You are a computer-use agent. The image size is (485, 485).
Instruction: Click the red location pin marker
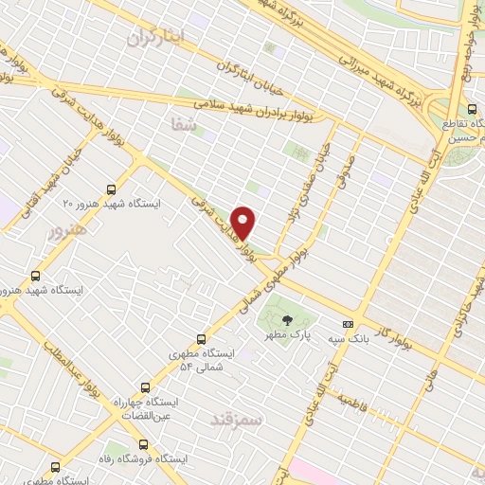(245, 223)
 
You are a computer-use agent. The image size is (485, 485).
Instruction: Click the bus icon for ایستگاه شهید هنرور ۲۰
(113, 189)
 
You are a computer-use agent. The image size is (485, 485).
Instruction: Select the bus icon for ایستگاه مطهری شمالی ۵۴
(201, 338)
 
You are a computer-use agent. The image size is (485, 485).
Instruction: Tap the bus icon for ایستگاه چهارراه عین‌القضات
(145, 386)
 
